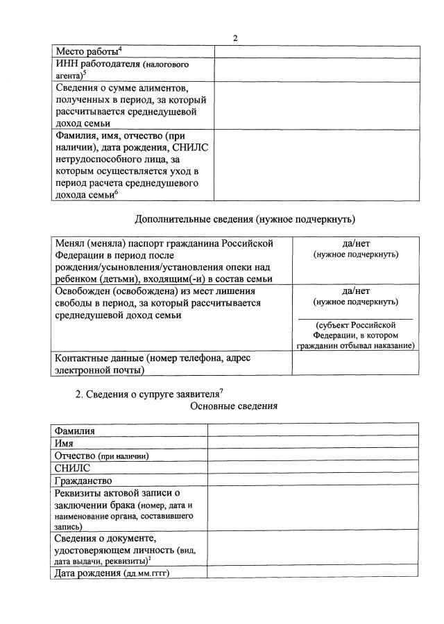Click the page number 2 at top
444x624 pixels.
tap(235, 37)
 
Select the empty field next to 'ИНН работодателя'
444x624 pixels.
tap(316, 70)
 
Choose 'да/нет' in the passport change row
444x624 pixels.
tap(355, 243)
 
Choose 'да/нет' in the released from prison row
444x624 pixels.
tap(355, 291)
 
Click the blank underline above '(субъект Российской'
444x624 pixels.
tap(355, 318)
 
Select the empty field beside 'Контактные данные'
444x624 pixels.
tap(355, 364)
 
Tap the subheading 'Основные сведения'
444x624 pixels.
tap(234, 406)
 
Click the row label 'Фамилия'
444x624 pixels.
tap(75, 431)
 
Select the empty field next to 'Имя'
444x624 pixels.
tap(312, 442)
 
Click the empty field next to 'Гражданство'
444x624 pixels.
tap(312, 480)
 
